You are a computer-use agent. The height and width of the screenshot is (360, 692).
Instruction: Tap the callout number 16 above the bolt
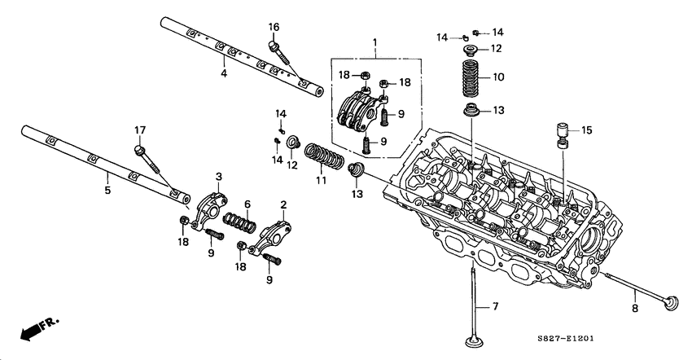tap(274, 27)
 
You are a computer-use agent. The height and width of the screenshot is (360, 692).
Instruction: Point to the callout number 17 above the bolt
tap(139, 130)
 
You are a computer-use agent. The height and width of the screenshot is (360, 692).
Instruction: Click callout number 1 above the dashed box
tap(374, 42)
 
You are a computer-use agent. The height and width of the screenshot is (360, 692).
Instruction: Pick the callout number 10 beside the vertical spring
tap(499, 78)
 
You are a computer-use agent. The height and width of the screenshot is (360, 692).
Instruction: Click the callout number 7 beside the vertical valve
tap(493, 307)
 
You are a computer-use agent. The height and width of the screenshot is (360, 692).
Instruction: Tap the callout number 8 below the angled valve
tap(636, 309)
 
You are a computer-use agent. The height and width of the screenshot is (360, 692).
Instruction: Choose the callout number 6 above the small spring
tap(247, 204)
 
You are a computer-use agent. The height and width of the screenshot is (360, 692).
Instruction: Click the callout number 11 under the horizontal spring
tap(321, 179)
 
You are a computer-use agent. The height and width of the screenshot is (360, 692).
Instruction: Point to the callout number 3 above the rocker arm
tap(218, 177)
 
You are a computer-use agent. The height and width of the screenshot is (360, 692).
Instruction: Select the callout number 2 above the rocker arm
tap(282, 204)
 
